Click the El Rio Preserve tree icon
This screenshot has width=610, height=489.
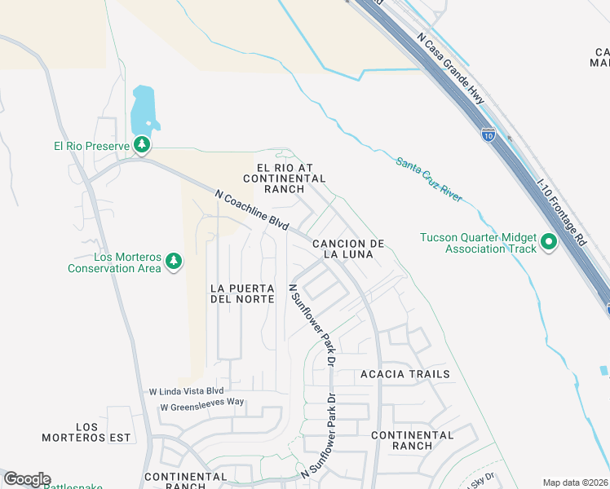point(143,145)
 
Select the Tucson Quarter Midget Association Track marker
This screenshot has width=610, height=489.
point(549,241)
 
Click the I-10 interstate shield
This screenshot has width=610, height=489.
point(488,134)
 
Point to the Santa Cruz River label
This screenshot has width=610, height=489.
point(429,179)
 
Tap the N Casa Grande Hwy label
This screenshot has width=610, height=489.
point(451,68)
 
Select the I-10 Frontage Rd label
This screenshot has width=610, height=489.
point(564,212)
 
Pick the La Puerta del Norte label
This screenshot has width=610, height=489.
point(241,293)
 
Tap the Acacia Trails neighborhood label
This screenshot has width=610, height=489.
point(405,374)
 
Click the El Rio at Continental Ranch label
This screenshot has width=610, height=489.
point(284,178)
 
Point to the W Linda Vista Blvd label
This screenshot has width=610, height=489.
point(186,391)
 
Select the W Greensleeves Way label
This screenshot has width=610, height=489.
point(202,406)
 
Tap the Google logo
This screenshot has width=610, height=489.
point(27,479)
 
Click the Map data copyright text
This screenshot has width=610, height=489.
point(575,482)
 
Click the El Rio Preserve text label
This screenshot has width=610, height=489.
point(87,146)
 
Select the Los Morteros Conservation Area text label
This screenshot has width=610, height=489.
point(114,262)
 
